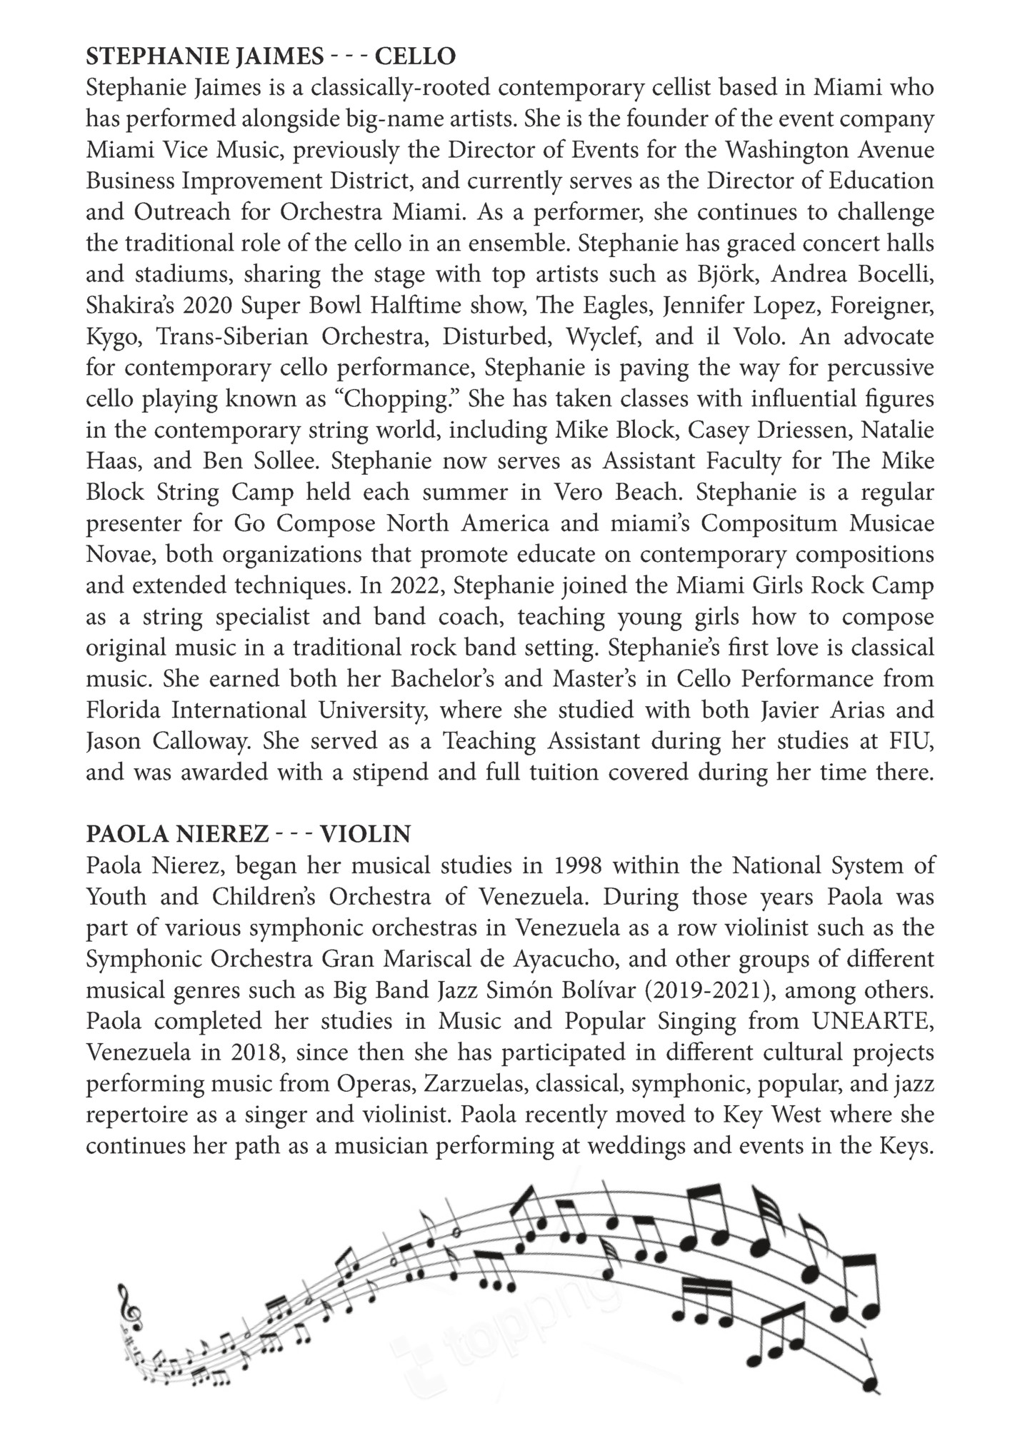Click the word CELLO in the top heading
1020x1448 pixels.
415,56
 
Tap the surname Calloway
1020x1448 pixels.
197,742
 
